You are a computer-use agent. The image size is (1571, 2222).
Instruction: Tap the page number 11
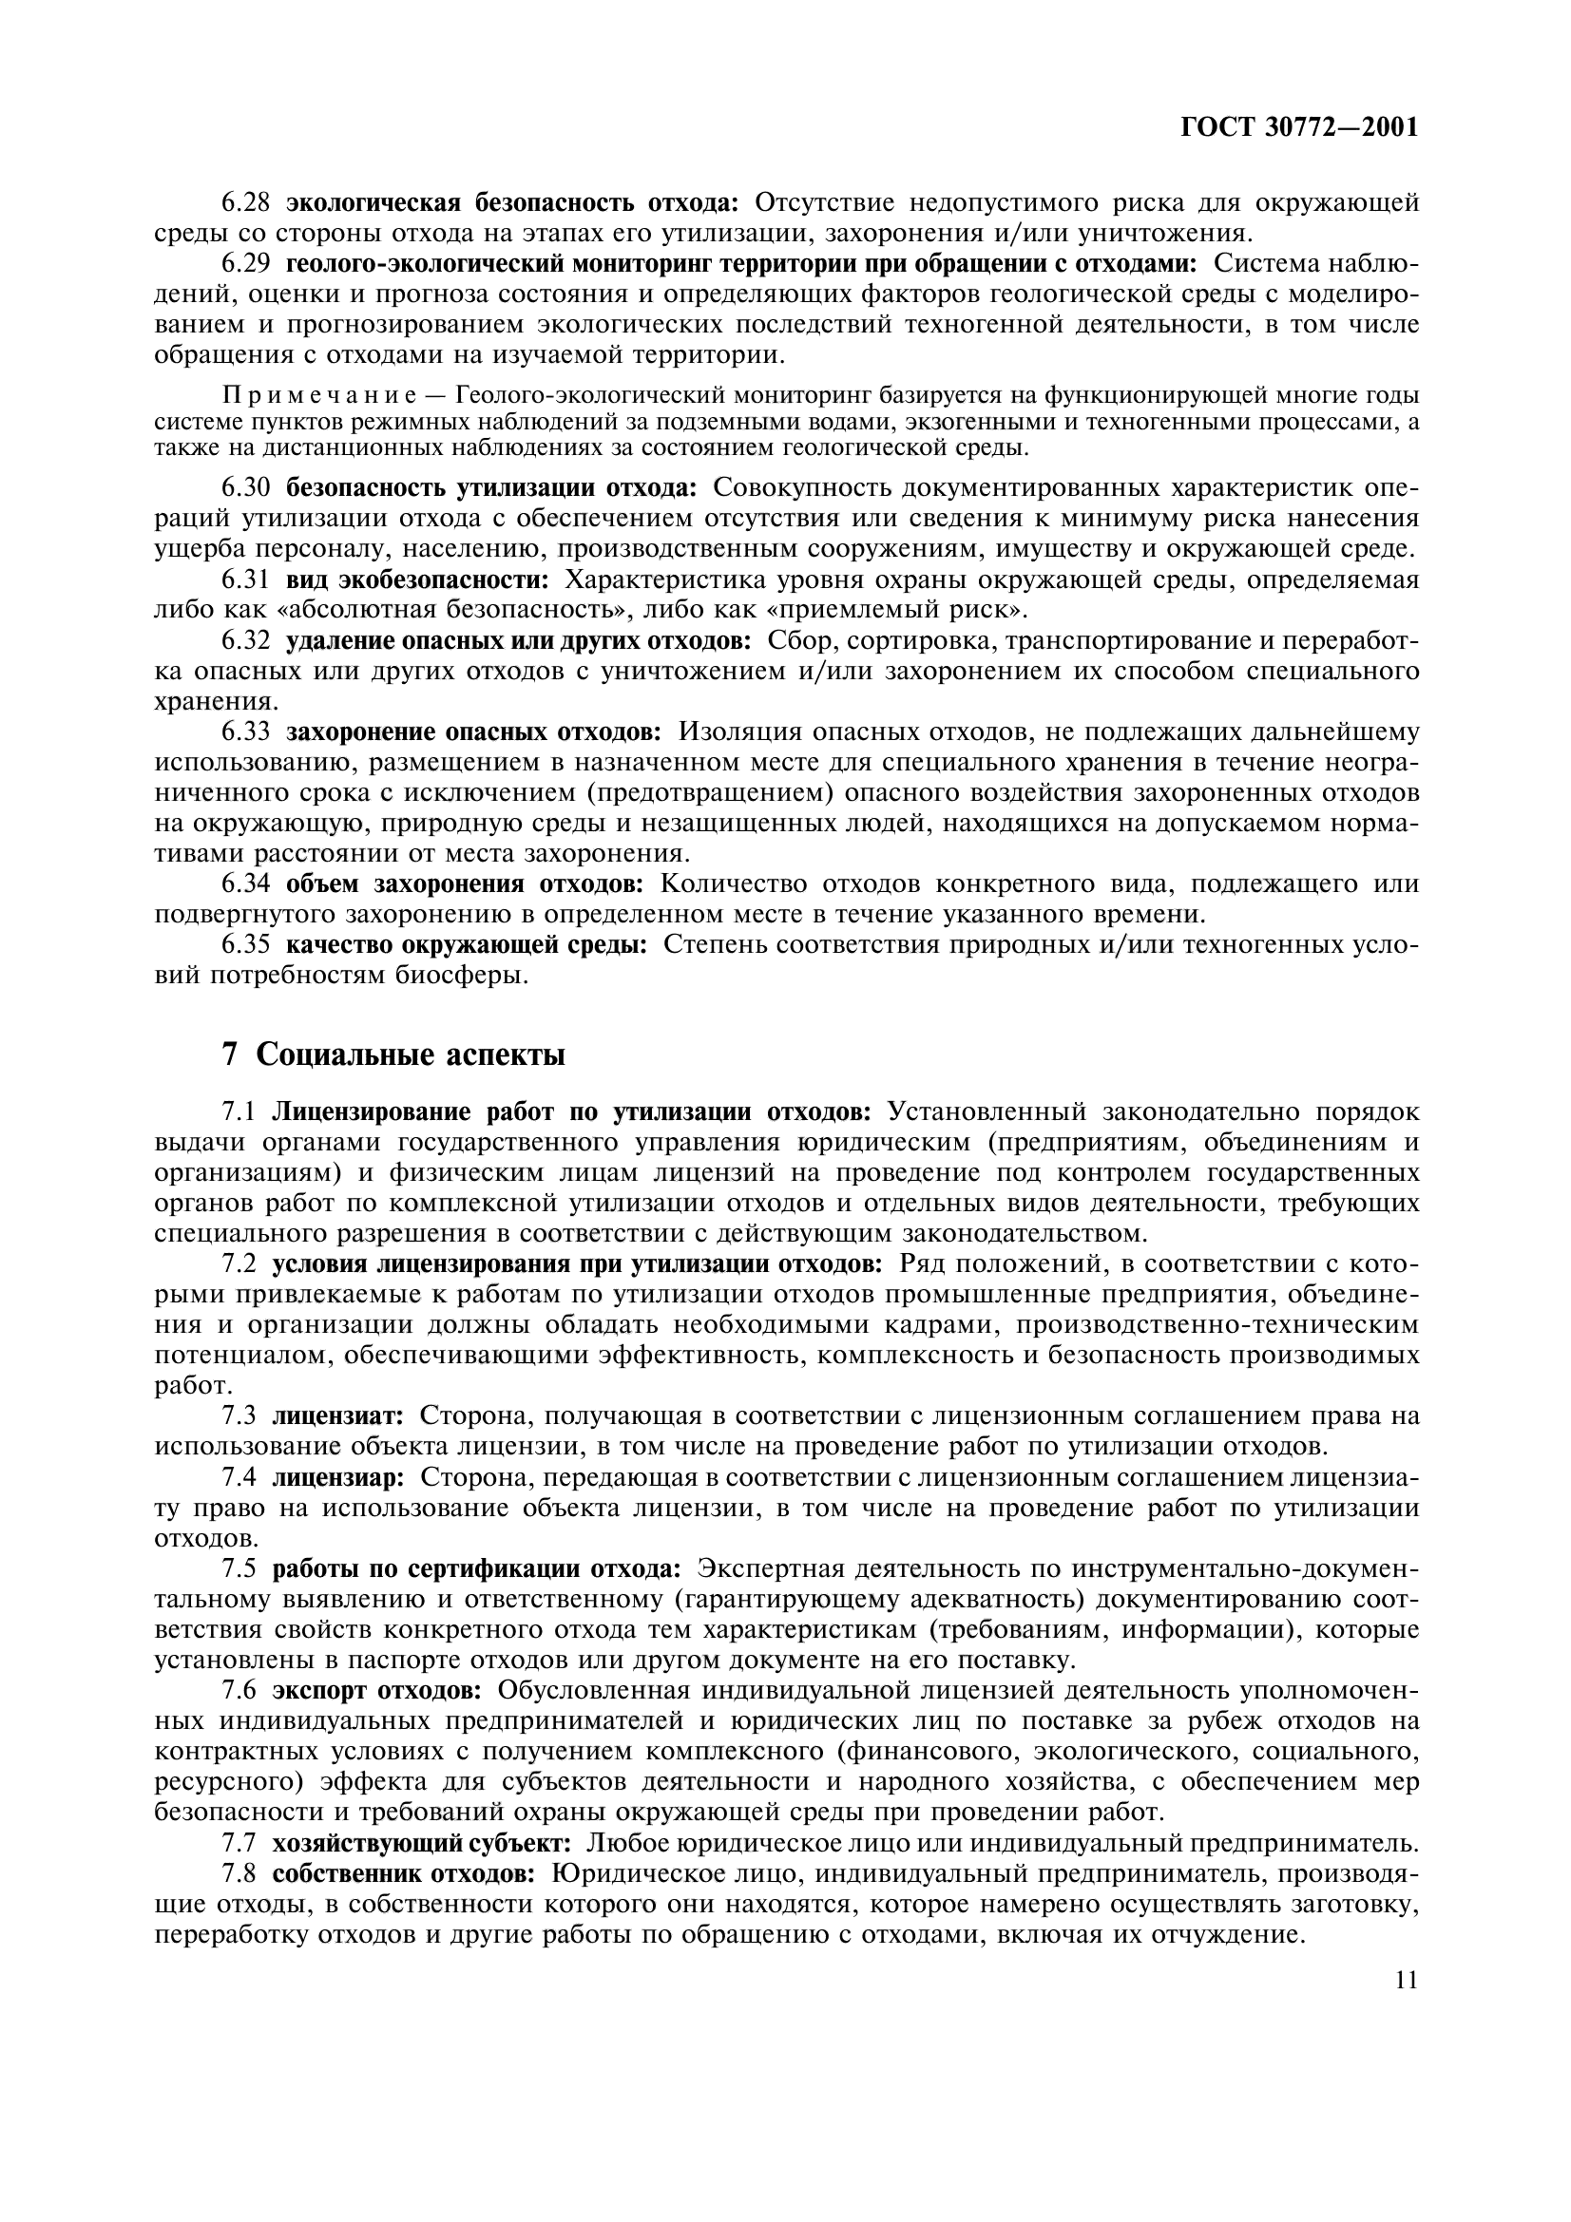pyautogui.click(x=1407, y=1954)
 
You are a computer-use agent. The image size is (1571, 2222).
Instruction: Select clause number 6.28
pyautogui.click(x=246, y=203)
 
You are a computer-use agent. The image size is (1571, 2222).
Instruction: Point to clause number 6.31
pyautogui.click(x=246, y=580)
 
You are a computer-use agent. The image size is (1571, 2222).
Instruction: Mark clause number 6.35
pyautogui.click(x=246, y=944)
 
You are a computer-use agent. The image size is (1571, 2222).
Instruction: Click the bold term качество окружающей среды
pyautogui.click(x=467, y=944)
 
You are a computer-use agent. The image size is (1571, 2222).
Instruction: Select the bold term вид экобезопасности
pyautogui.click(x=417, y=580)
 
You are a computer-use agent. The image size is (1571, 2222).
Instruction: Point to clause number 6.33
pyautogui.click(x=246, y=731)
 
